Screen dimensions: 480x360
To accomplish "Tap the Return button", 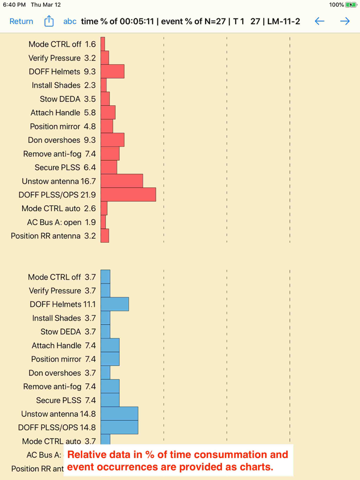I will pyautogui.click(x=21, y=21).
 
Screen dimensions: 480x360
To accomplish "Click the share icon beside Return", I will pyautogui.click(x=49, y=21).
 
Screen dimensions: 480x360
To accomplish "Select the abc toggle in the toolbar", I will pyautogui.click(x=70, y=21).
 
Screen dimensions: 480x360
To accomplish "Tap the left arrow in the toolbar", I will pyautogui.click(x=319, y=21).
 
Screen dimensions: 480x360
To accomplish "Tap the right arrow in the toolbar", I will pyautogui.click(x=345, y=21).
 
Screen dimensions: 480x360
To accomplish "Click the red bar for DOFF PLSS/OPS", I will pyautogui.click(x=128, y=195).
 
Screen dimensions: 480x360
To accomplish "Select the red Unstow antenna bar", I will pyautogui.click(x=122, y=181).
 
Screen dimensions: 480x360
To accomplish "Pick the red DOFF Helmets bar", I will pyautogui.click(x=113, y=71).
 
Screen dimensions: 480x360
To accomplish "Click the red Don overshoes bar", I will pyautogui.click(x=113, y=140).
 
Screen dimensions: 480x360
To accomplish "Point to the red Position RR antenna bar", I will pyautogui.click(x=105, y=236).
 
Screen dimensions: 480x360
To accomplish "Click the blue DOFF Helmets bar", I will pyautogui.click(x=115, y=304).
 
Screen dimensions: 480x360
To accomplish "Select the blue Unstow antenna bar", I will pyautogui.click(x=119, y=414).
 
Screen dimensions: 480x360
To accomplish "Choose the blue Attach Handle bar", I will pyautogui.click(x=110, y=345).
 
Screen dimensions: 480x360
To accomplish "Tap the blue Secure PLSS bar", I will pyautogui.click(x=110, y=400).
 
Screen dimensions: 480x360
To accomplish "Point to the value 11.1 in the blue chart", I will pyautogui.click(x=89, y=304).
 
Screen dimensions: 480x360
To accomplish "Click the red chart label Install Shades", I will pyautogui.click(x=56, y=85).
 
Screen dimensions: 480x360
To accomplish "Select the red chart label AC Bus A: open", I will pyautogui.click(x=54, y=222).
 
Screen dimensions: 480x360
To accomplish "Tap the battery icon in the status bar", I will pyautogui.click(x=350, y=5).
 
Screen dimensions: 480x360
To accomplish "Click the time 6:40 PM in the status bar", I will pyautogui.click(x=14, y=5).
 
